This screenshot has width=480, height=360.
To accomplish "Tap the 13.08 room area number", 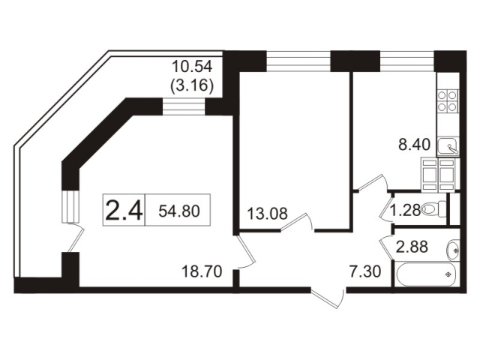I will [x=265, y=214].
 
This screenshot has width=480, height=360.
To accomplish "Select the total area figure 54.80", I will [x=179, y=211].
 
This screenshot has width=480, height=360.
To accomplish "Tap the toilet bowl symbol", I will [x=433, y=210].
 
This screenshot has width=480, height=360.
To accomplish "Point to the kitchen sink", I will [x=448, y=145].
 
